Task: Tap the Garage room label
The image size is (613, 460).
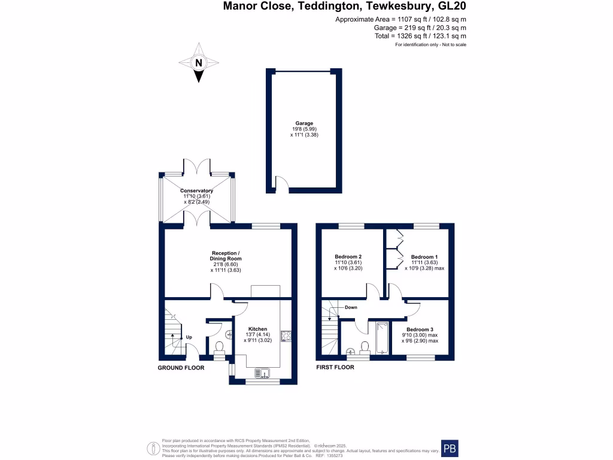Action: [x=304, y=123]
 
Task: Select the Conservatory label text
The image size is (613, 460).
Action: [x=197, y=191]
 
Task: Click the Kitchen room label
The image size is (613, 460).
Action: [x=257, y=329]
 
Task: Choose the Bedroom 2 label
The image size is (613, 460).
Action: [x=348, y=256]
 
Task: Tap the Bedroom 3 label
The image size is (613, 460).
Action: [x=419, y=329]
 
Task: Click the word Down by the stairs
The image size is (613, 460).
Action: [x=351, y=307]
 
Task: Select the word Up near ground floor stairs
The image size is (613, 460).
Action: [x=189, y=337]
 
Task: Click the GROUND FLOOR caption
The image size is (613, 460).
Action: [x=181, y=368]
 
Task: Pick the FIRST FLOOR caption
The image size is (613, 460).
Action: [x=335, y=367]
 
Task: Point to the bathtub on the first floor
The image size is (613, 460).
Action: [x=381, y=338]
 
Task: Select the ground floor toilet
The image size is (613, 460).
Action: [x=219, y=347]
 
